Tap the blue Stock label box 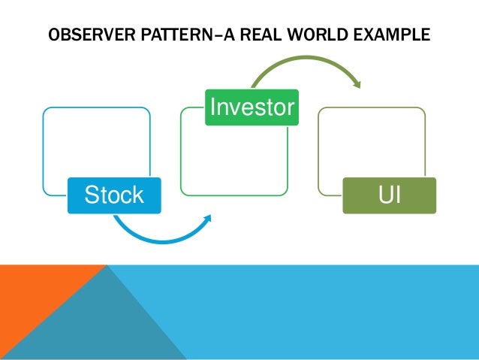(114, 195)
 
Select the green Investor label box (252, 107)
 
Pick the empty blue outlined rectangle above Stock (96, 143)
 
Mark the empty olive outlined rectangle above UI (372, 143)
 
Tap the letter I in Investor (212, 107)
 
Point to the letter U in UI (384, 195)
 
